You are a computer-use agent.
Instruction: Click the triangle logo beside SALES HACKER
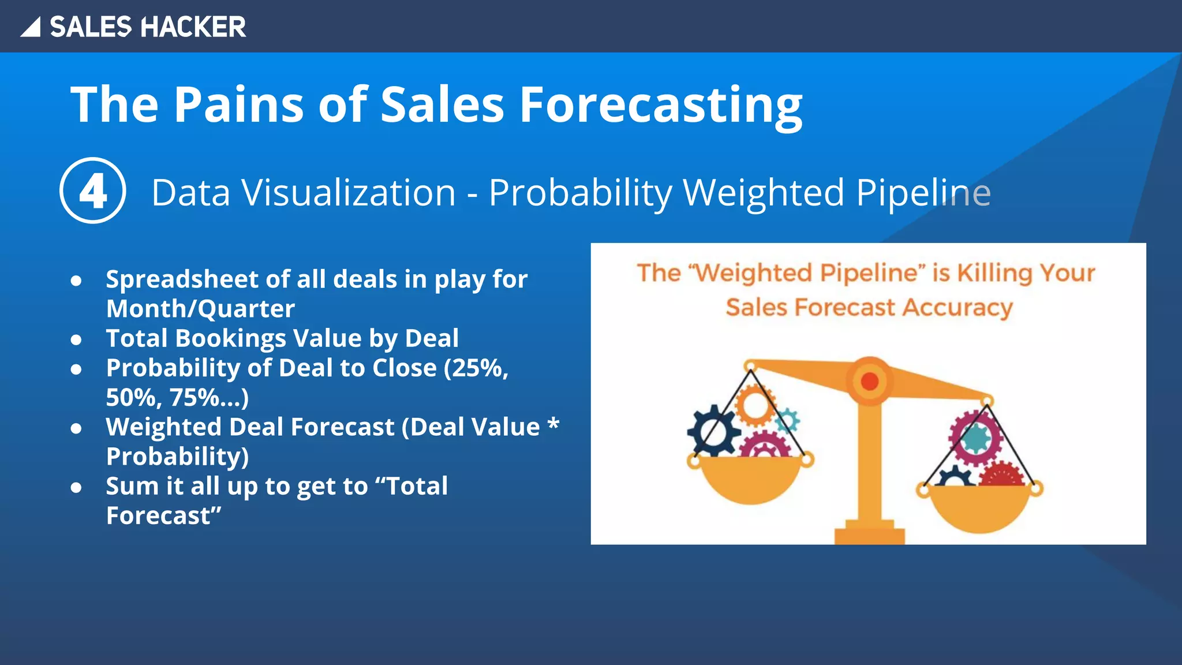point(31,28)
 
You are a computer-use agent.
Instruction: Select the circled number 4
point(93,191)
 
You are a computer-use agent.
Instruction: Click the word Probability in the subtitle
point(580,193)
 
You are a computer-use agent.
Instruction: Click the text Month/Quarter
point(200,309)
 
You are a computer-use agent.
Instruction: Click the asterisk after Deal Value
point(553,425)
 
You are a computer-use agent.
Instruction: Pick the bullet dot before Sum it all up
point(76,488)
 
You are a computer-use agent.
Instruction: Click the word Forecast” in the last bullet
point(163,516)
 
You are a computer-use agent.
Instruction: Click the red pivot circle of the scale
point(870,381)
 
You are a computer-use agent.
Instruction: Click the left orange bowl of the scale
point(750,480)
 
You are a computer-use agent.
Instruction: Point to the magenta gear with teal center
point(975,438)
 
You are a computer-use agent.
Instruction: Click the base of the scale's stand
point(869,533)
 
